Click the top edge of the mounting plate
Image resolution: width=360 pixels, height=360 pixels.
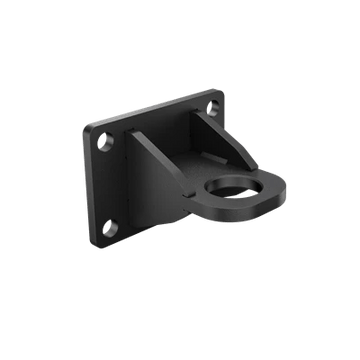pos(150,108)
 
